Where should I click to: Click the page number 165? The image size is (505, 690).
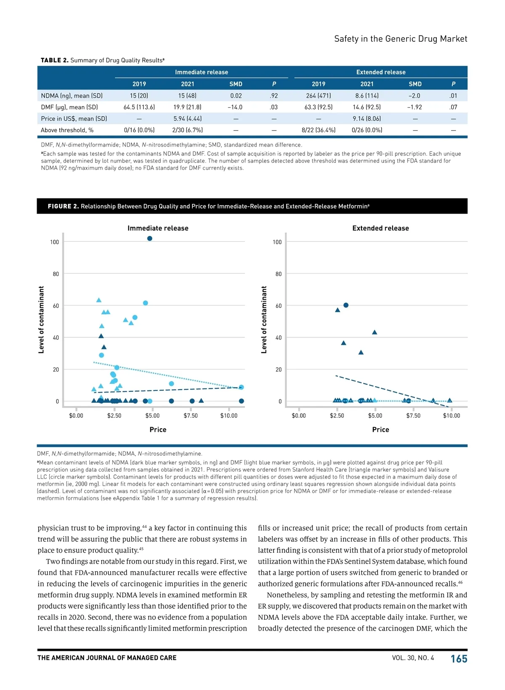tap(459, 659)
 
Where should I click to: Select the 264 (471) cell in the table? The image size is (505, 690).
tap(319, 96)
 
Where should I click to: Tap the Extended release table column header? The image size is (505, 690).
tap(381, 72)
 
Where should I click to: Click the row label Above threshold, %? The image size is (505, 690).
tap(67, 130)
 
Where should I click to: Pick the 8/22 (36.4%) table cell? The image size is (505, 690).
tap(319, 130)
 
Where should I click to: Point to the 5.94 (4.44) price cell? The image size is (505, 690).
tap(187, 119)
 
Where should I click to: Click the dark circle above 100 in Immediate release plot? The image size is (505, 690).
tap(149, 238)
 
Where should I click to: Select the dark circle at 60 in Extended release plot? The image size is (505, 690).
tap(346, 305)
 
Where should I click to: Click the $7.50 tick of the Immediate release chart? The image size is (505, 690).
tap(191, 416)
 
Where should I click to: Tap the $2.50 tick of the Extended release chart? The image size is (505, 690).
tap(337, 416)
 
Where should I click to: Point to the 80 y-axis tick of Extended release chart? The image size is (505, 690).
tap(278, 274)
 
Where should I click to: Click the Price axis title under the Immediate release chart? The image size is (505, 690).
tap(158, 430)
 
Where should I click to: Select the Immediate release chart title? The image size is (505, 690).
tap(158, 228)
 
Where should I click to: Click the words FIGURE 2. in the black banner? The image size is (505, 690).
tap(63, 206)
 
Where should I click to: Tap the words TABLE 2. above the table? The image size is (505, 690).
tap(54, 60)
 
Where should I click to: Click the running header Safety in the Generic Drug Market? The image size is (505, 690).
tap(401, 39)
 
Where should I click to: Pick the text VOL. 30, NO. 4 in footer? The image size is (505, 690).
tap(413, 658)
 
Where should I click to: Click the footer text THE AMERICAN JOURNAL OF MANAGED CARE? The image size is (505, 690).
tap(107, 658)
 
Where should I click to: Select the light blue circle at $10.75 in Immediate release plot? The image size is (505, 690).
tap(241, 387)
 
